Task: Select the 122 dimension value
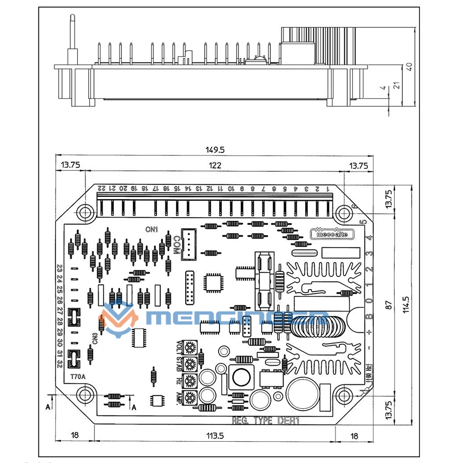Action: coord(215,165)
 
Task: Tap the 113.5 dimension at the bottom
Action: coord(215,436)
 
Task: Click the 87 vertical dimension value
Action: coord(389,305)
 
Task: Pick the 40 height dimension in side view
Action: coord(409,66)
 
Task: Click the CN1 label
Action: coord(151,229)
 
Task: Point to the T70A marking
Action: coord(77,376)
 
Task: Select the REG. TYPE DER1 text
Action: coord(266,421)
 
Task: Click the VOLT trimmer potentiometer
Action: coord(190,347)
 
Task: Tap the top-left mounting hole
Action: coord(85,213)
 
